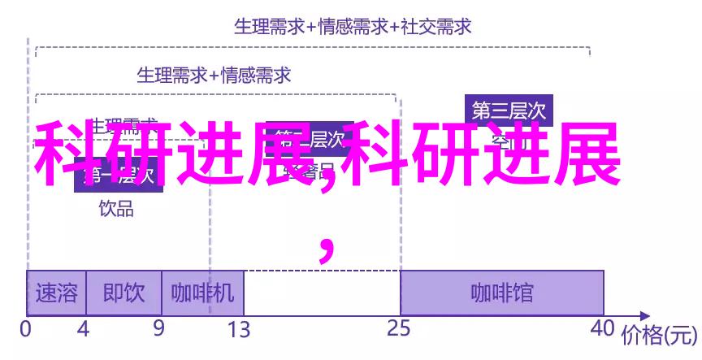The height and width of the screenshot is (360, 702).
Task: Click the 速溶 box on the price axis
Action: pos(54,293)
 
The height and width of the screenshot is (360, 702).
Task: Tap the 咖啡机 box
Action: pos(202,293)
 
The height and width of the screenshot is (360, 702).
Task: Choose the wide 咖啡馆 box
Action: pos(502,293)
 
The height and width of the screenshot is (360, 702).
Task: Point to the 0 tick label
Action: pos(26,329)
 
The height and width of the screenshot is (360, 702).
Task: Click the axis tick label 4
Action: pos(83,329)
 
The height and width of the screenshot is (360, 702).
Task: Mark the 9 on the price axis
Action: pos(159,329)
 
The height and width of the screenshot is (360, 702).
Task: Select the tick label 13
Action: pos(239,329)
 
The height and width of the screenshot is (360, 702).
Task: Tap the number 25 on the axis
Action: pos(399,329)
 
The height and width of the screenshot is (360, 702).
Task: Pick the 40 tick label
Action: pos(602,329)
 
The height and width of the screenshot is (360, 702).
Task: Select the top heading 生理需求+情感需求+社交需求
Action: pos(353,27)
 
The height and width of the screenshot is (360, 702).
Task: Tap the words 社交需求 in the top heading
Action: pos(438,27)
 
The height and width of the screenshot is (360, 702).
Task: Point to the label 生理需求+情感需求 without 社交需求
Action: pos(214,76)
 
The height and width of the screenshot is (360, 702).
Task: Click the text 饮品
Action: pos(117,208)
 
